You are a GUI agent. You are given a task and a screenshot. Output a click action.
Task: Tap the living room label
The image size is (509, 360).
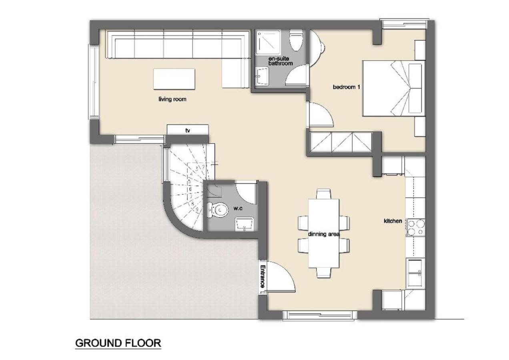pos(172,99)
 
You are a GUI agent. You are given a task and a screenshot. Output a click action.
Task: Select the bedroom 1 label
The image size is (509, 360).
pos(346,87)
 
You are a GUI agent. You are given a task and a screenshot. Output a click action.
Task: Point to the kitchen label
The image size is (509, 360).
pos(393,221)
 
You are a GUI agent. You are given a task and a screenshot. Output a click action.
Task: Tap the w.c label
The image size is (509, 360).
pos(238,208)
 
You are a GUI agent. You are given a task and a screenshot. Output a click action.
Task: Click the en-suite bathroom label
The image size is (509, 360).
pos(281,61)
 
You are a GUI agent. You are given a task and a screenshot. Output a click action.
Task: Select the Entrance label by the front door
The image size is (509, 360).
pos(263,276)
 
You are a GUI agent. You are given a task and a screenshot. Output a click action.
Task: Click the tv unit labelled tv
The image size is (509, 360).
pos(188,130)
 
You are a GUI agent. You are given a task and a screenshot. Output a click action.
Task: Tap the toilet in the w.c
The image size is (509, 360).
pos(218,210)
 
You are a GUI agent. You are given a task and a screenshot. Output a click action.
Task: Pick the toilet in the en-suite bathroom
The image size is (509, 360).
pos(296,40)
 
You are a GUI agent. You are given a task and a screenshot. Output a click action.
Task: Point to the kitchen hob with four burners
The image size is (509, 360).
pos(416,228)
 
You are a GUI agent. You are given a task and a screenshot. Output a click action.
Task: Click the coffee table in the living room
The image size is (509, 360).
pos(174,79)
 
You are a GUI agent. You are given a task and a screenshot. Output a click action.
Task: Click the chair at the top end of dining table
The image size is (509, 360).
pos(324,194)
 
